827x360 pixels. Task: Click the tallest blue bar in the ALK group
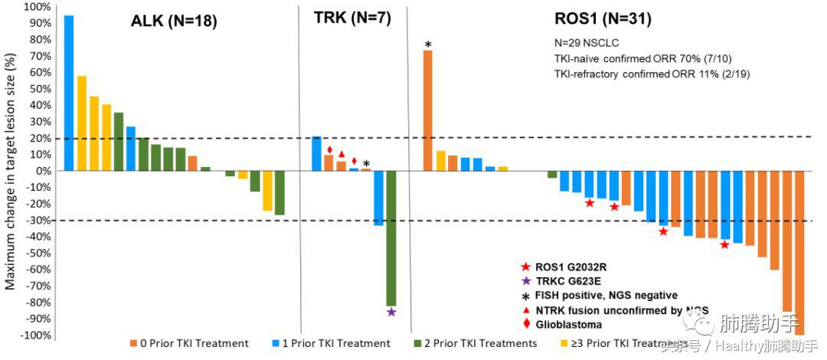69,92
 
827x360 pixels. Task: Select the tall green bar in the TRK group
391,237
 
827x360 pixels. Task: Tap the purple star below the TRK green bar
391,312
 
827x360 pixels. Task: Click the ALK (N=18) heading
174,21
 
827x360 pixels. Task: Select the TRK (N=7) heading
353,19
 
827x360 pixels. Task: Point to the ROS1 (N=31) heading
603,19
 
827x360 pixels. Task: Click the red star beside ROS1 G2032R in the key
525,267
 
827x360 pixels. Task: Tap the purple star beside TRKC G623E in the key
525,281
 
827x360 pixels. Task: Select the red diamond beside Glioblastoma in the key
525,324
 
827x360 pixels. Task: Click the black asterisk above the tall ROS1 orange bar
428,44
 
